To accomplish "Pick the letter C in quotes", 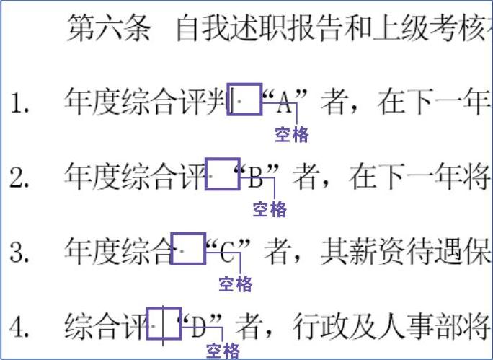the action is pos(226,252).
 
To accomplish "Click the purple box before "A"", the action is pos(244,99).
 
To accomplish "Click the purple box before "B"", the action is pos(222,173).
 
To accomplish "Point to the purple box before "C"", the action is pos(188,247).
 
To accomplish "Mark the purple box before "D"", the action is pos(163,322).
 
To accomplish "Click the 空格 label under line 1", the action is pos(292,134).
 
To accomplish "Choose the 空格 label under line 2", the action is pos(270,209).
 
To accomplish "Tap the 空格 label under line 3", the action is pos(236,284).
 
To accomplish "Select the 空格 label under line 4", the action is pos(223,351).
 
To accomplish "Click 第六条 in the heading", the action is pos(108,30).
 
